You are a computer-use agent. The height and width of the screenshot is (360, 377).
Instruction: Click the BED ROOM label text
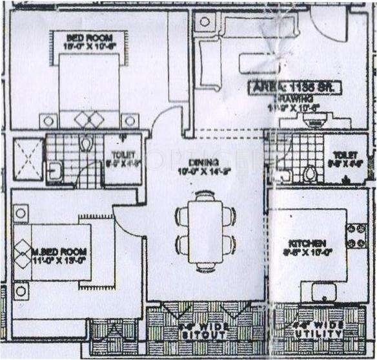(88, 37)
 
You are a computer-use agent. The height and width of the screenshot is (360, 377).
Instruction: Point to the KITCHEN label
(307, 244)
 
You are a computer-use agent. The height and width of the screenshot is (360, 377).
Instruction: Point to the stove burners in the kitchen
(354, 236)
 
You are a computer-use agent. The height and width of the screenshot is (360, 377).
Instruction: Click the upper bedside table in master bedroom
(21, 213)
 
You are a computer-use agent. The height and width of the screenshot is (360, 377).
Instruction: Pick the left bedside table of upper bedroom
(48, 121)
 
